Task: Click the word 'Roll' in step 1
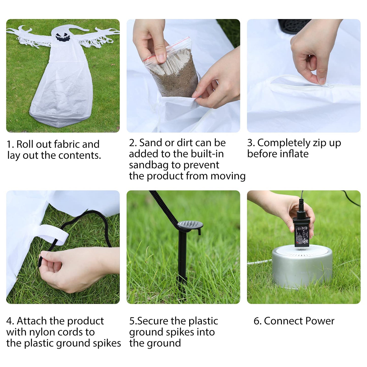(25, 144)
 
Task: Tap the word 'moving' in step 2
(228, 176)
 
